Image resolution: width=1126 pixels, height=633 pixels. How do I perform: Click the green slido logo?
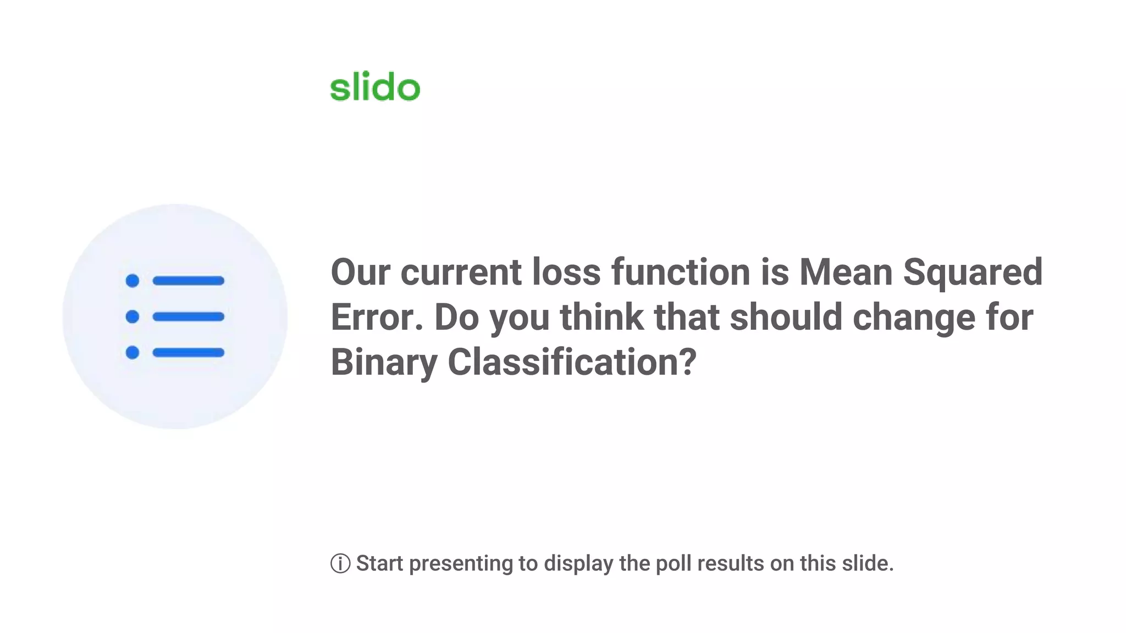pos(375,87)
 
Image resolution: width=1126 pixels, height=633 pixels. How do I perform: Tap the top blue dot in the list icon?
pos(133,281)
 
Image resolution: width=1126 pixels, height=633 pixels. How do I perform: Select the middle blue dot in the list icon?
pos(133,316)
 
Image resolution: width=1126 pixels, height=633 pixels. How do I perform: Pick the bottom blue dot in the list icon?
pos(133,352)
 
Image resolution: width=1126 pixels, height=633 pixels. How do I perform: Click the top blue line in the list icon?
pos(189,281)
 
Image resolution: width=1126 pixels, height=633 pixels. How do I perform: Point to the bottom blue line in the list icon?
pos(189,352)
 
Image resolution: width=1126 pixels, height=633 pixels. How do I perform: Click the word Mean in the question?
pos(845,272)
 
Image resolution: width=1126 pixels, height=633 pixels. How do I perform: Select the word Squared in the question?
pos(973,272)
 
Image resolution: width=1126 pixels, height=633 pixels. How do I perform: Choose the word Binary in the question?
pos(384,363)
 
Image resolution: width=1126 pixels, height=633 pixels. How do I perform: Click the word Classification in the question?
pos(572,363)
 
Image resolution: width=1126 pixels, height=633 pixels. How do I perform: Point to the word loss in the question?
pos(566,272)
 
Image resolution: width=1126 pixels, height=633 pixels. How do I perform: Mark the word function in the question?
pos(681,272)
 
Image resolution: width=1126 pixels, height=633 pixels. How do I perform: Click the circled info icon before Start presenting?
pos(340,563)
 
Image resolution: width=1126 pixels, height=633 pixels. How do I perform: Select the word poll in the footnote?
pos(674,563)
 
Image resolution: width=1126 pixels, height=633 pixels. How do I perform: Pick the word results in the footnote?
pos(731,563)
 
